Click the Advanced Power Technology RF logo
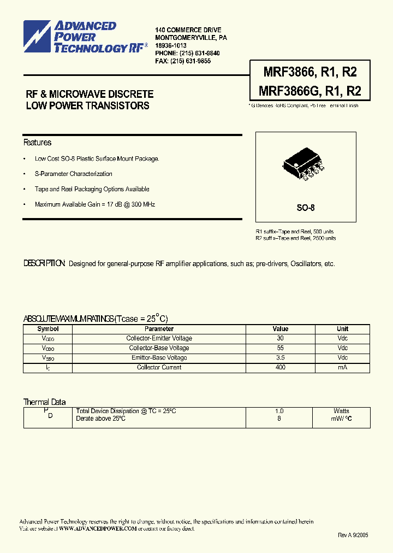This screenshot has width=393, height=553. click(x=85, y=37)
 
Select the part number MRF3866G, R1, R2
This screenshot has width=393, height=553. click(x=305, y=91)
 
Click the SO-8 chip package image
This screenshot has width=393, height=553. click(x=303, y=165)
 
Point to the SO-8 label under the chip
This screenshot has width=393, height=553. click(x=306, y=208)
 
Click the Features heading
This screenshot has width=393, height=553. click(x=37, y=143)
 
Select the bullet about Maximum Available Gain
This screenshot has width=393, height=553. click(x=96, y=204)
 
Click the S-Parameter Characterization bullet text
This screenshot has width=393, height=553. click(x=74, y=174)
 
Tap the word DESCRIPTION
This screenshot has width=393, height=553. click(x=45, y=264)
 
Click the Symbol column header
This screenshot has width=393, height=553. click(x=47, y=329)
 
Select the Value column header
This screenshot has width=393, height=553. click(x=280, y=329)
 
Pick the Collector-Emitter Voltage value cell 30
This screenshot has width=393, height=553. click(x=280, y=338)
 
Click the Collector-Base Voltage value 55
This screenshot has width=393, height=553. click(x=280, y=348)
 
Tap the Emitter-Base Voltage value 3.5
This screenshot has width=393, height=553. click(x=280, y=358)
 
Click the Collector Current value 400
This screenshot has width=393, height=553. click(x=280, y=368)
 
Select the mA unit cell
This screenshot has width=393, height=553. click(x=342, y=368)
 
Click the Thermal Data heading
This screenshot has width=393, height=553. click(x=45, y=402)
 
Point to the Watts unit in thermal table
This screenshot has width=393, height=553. click(x=342, y=411)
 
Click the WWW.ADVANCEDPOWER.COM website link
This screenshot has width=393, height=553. click(x=97, y=529)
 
